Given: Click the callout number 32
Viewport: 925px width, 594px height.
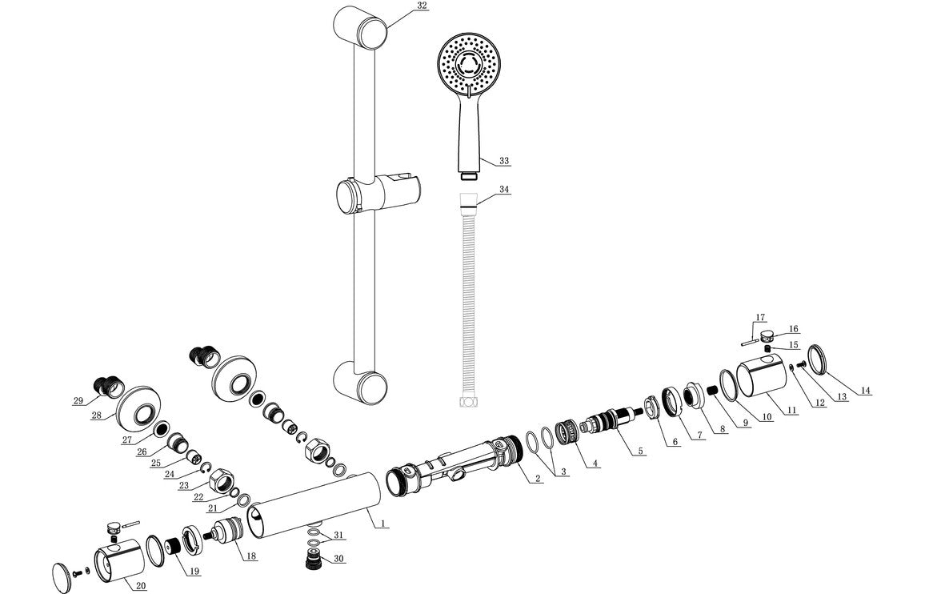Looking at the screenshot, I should (x=422, y=6).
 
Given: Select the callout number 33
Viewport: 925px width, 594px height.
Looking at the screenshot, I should (x=504, y=161).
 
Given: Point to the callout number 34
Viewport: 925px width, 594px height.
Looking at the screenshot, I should (x=504, y=190).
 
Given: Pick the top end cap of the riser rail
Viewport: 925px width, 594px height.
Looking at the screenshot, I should (x=361, y=27).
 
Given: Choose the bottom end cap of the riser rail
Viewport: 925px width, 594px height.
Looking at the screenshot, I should (x=361, y=382).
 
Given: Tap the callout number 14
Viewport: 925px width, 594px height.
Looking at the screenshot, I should (x=865, y=391).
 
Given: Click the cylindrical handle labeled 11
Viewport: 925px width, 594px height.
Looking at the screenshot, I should (x=759, y=379).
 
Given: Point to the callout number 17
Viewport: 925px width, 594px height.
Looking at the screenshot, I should (x=761, y=317).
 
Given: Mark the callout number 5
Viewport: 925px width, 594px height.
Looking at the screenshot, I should (x=640, y=452).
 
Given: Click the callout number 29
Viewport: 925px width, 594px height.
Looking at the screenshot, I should (x=78, y=401).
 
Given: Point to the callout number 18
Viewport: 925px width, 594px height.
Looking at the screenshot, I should (x=250, y=556).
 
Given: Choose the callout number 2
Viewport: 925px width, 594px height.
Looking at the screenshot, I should (x=539, y=479).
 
